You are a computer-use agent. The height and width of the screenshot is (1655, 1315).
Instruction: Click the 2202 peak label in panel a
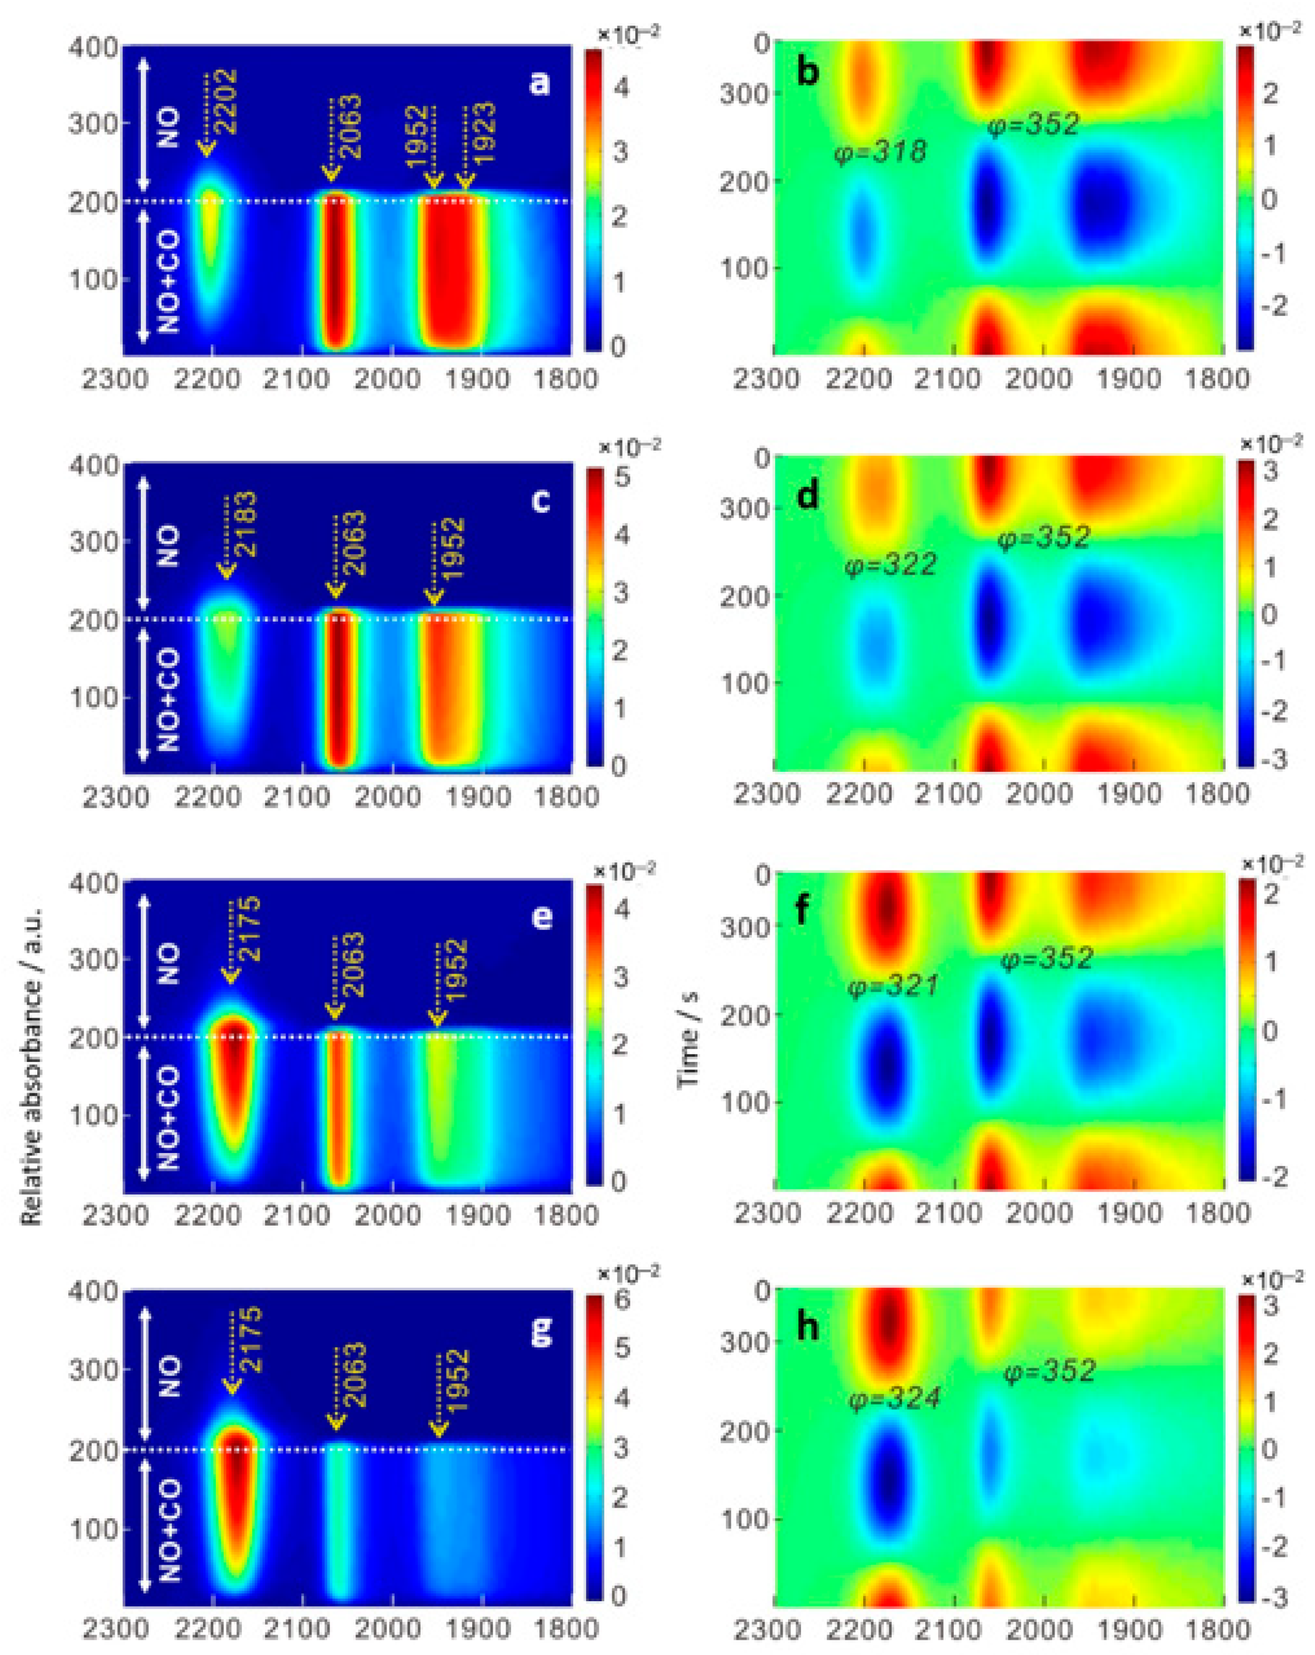[x=225, y=101]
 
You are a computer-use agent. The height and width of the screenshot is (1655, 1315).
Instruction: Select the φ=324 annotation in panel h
[x=894, y=1399]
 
